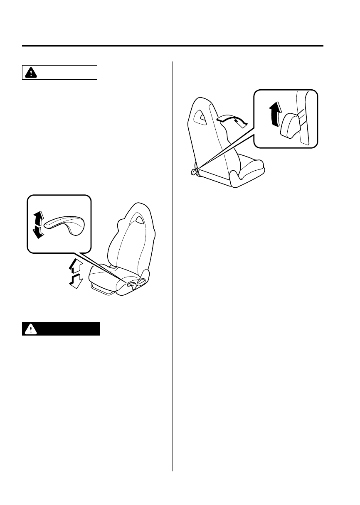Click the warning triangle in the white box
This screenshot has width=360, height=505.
30,72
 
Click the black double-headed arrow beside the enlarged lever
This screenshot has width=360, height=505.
38,224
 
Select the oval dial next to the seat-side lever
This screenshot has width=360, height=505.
141,282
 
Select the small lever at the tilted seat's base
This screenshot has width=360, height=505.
193,171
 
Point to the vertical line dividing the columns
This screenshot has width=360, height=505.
173,266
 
